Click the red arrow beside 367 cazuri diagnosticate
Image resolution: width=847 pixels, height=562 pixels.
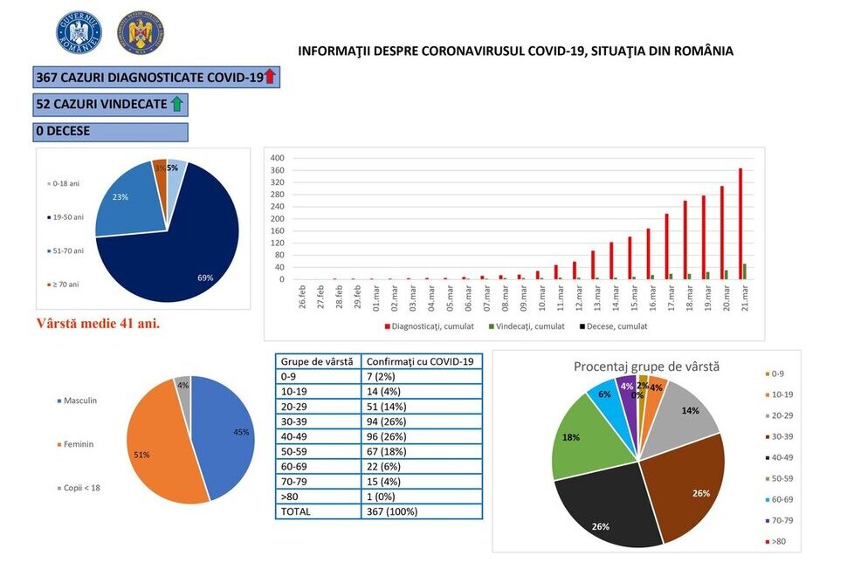pyautogui.click(x=270, y=78)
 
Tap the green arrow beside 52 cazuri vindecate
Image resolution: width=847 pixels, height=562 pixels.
pyautogui.click(x=176, y=105)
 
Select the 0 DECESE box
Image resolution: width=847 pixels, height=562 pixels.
pyautogui.click(x=111, y=132)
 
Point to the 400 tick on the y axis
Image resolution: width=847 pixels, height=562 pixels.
pyautogui.click(x=278, y=158)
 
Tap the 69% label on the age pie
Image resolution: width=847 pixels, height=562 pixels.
pyautogui.click(x=205, y=278)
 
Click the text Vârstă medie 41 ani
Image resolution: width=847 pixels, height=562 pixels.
pyautogui.click(x=98, y=324)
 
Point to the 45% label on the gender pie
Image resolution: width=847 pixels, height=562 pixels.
pyautogui.click(x=241, y=432)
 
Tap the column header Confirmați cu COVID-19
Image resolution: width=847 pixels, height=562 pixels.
pyautogui.click(x=422, y=361)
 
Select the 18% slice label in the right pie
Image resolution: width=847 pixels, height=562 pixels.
pyautogui.click(x=570, y=439)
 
